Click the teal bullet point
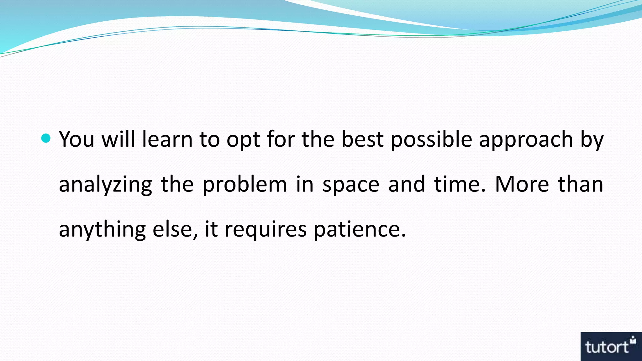coord(46,138)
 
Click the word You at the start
coord(76,139)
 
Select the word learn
coord(167,139)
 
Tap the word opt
coord(243,140)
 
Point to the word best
coord(362,139)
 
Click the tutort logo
coord(611,346)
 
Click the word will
coord(118,139)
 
